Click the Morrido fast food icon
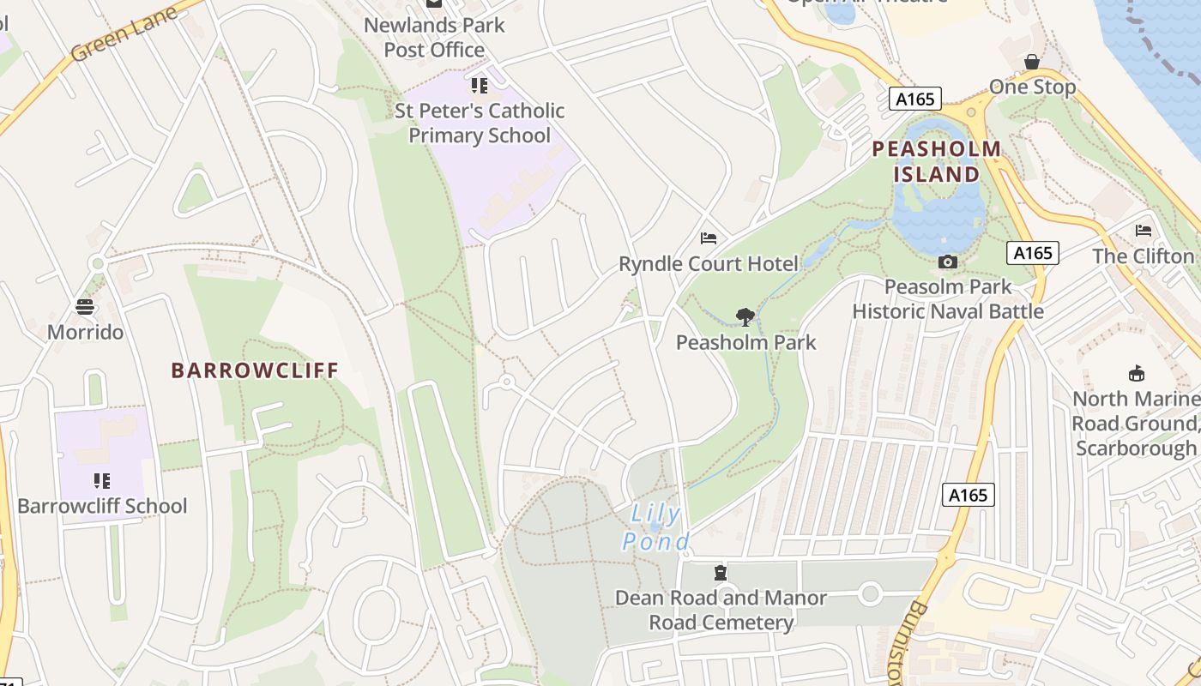tap(85, 306)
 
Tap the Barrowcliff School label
tap(102, 506)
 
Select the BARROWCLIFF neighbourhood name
tap(255, 370)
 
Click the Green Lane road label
tap(124, 33)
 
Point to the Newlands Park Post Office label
tap(434, 38)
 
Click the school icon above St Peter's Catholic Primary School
tap(479, 86)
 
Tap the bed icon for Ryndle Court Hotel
tap(709, 238)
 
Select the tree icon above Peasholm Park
tap(745, 317)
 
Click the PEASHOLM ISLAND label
tap(937, 162)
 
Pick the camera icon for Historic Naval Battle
tap(948, 262)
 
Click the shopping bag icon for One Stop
tap(1032, 62)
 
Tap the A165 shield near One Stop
tap(914, 99)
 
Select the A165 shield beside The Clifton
tap(1033, 253)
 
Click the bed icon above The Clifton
tap(1144, 230)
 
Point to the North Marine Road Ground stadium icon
tap(1137, 374)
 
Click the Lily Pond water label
tap(656, 528)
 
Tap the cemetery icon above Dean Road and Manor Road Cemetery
tap(721, 572)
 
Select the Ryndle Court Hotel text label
tap(709, 263)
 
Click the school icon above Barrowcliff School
tap(102, 480)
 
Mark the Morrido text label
tap(86, 332)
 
